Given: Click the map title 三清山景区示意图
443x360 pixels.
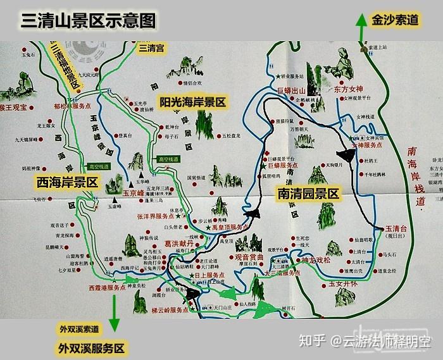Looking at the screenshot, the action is (89, 20).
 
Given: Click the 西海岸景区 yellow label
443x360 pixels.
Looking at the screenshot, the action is (66, 182).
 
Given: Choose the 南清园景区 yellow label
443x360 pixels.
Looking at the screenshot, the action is (308, 194).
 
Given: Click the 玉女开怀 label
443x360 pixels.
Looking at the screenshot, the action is (344, 285).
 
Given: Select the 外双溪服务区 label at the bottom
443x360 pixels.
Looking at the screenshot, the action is (92, 348).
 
